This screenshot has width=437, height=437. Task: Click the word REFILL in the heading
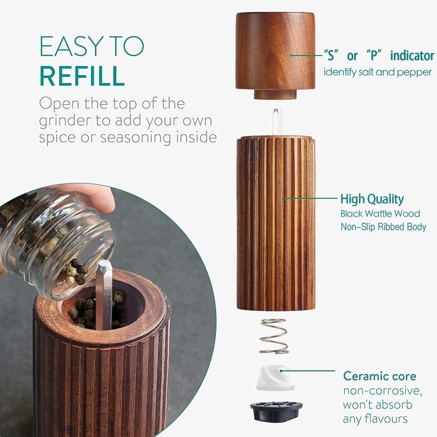tap(82, 76)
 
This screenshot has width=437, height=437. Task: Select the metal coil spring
tap(273, 336)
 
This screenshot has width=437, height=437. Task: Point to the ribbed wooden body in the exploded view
tap(276, 223)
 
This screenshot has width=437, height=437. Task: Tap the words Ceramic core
tap(380, 376)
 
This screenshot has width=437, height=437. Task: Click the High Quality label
tap(372, 199)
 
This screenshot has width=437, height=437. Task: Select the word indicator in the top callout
tap(412, 56)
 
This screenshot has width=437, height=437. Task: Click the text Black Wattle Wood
tap(380, 214)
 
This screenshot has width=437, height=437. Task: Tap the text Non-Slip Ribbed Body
tap(383, 227)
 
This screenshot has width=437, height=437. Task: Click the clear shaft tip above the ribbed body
tap(277, 121)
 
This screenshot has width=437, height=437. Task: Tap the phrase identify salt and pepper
tap(378, 72)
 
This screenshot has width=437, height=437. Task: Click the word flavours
tap(375, 419)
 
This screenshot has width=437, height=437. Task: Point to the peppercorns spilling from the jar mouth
tap(75, 271)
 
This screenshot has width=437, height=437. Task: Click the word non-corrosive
tap(382, 391)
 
